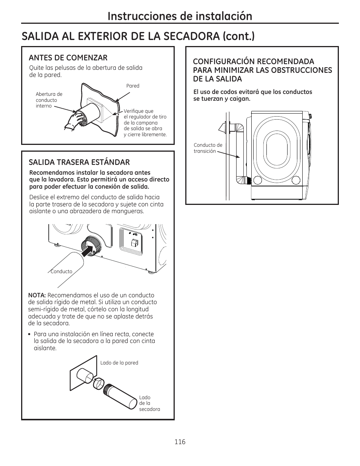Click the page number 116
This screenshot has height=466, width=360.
180,442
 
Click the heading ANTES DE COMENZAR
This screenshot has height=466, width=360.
68,58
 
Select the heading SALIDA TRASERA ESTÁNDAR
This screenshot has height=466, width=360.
79,162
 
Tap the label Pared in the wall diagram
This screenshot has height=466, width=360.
133,86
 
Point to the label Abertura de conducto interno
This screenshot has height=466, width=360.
49,100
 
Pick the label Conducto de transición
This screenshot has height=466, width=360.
208,148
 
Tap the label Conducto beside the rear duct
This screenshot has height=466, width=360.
62,271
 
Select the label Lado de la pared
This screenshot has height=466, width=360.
119,363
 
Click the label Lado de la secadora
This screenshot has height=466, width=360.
149,403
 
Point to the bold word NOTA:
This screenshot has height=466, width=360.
37,295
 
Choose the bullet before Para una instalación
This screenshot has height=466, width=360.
29,334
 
